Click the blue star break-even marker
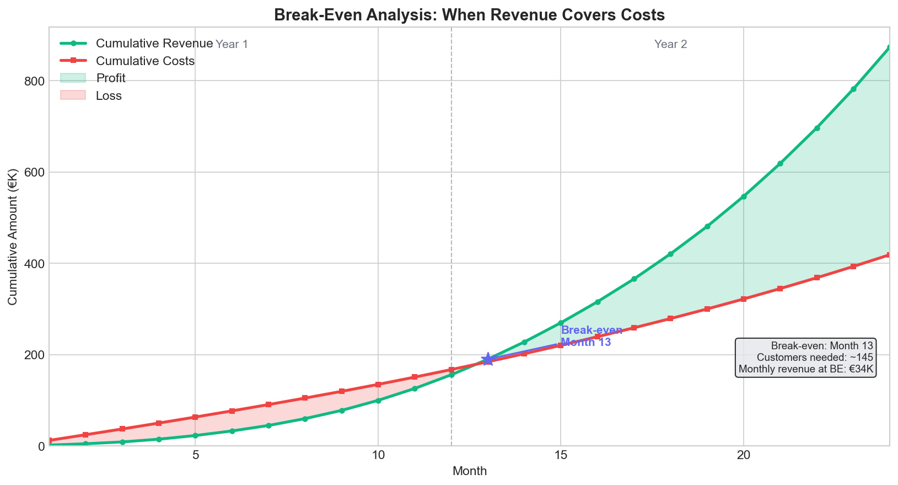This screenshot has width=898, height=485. [488, 359]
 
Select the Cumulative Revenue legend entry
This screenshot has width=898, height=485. [154, 44]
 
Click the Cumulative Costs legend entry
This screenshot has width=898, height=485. [145, 61]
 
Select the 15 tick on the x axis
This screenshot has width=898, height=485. [561, 456]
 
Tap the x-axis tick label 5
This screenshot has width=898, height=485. [195, 456]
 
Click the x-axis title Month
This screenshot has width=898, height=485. [469, 471]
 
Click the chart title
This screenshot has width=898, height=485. [469, 15]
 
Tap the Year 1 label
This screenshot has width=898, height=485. [232, 45]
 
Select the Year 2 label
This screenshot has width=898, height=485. [670, 45]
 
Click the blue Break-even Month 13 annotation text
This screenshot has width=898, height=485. [591, 336]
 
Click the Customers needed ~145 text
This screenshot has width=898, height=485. [815, 358]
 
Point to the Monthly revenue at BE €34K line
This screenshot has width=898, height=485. [806, 369]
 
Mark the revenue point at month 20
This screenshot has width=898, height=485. [744, 196]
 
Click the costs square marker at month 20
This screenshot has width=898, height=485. [744, 299]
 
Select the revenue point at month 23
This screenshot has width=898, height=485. [853, 89]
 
